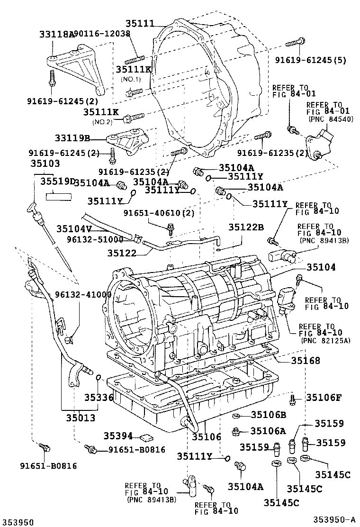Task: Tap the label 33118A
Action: click(x=57, y=34)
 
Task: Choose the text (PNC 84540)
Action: click(x=330, y=119)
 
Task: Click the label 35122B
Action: click(x=246, y=227)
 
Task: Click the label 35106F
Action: click(x=323, y=398)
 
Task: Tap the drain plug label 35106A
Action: click(x=268, y=431)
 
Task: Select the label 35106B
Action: click(x=268, y=416)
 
